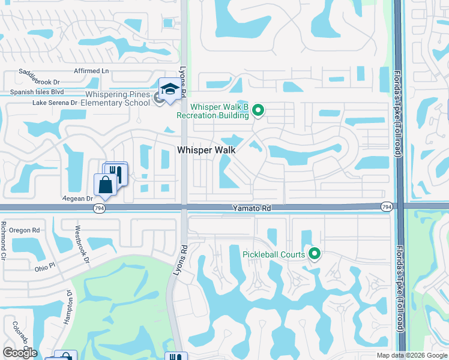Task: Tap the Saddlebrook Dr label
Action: (x=40, y=81)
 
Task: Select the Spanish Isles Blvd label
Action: (x=37, y=92)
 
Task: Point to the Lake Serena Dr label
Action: (x=55, y=103)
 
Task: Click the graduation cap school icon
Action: (x=170, y=90)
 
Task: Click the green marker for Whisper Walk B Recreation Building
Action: (x=258, y=110)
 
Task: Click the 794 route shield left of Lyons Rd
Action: (x=100, y=208)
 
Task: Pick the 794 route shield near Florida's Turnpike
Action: (x=387, y=206)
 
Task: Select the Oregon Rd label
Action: (x=29, y=230)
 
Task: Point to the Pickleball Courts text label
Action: (x=274, y=254)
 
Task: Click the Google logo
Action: (x=20, y=353)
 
